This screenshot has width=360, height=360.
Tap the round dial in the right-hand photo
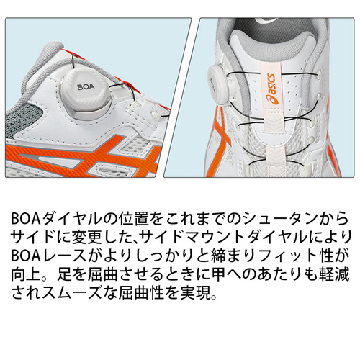pyautogui.click(x=217, y=82)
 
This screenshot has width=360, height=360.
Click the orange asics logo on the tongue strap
pyautogui.click(x=271, y=89)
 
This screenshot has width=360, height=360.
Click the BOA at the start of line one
pyautogui.click(x=26, y=219)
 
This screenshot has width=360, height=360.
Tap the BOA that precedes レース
pyautogui.click(x=26, y=257)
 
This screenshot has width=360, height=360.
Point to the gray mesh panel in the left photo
pyautogui.click(x=27, y=120)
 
